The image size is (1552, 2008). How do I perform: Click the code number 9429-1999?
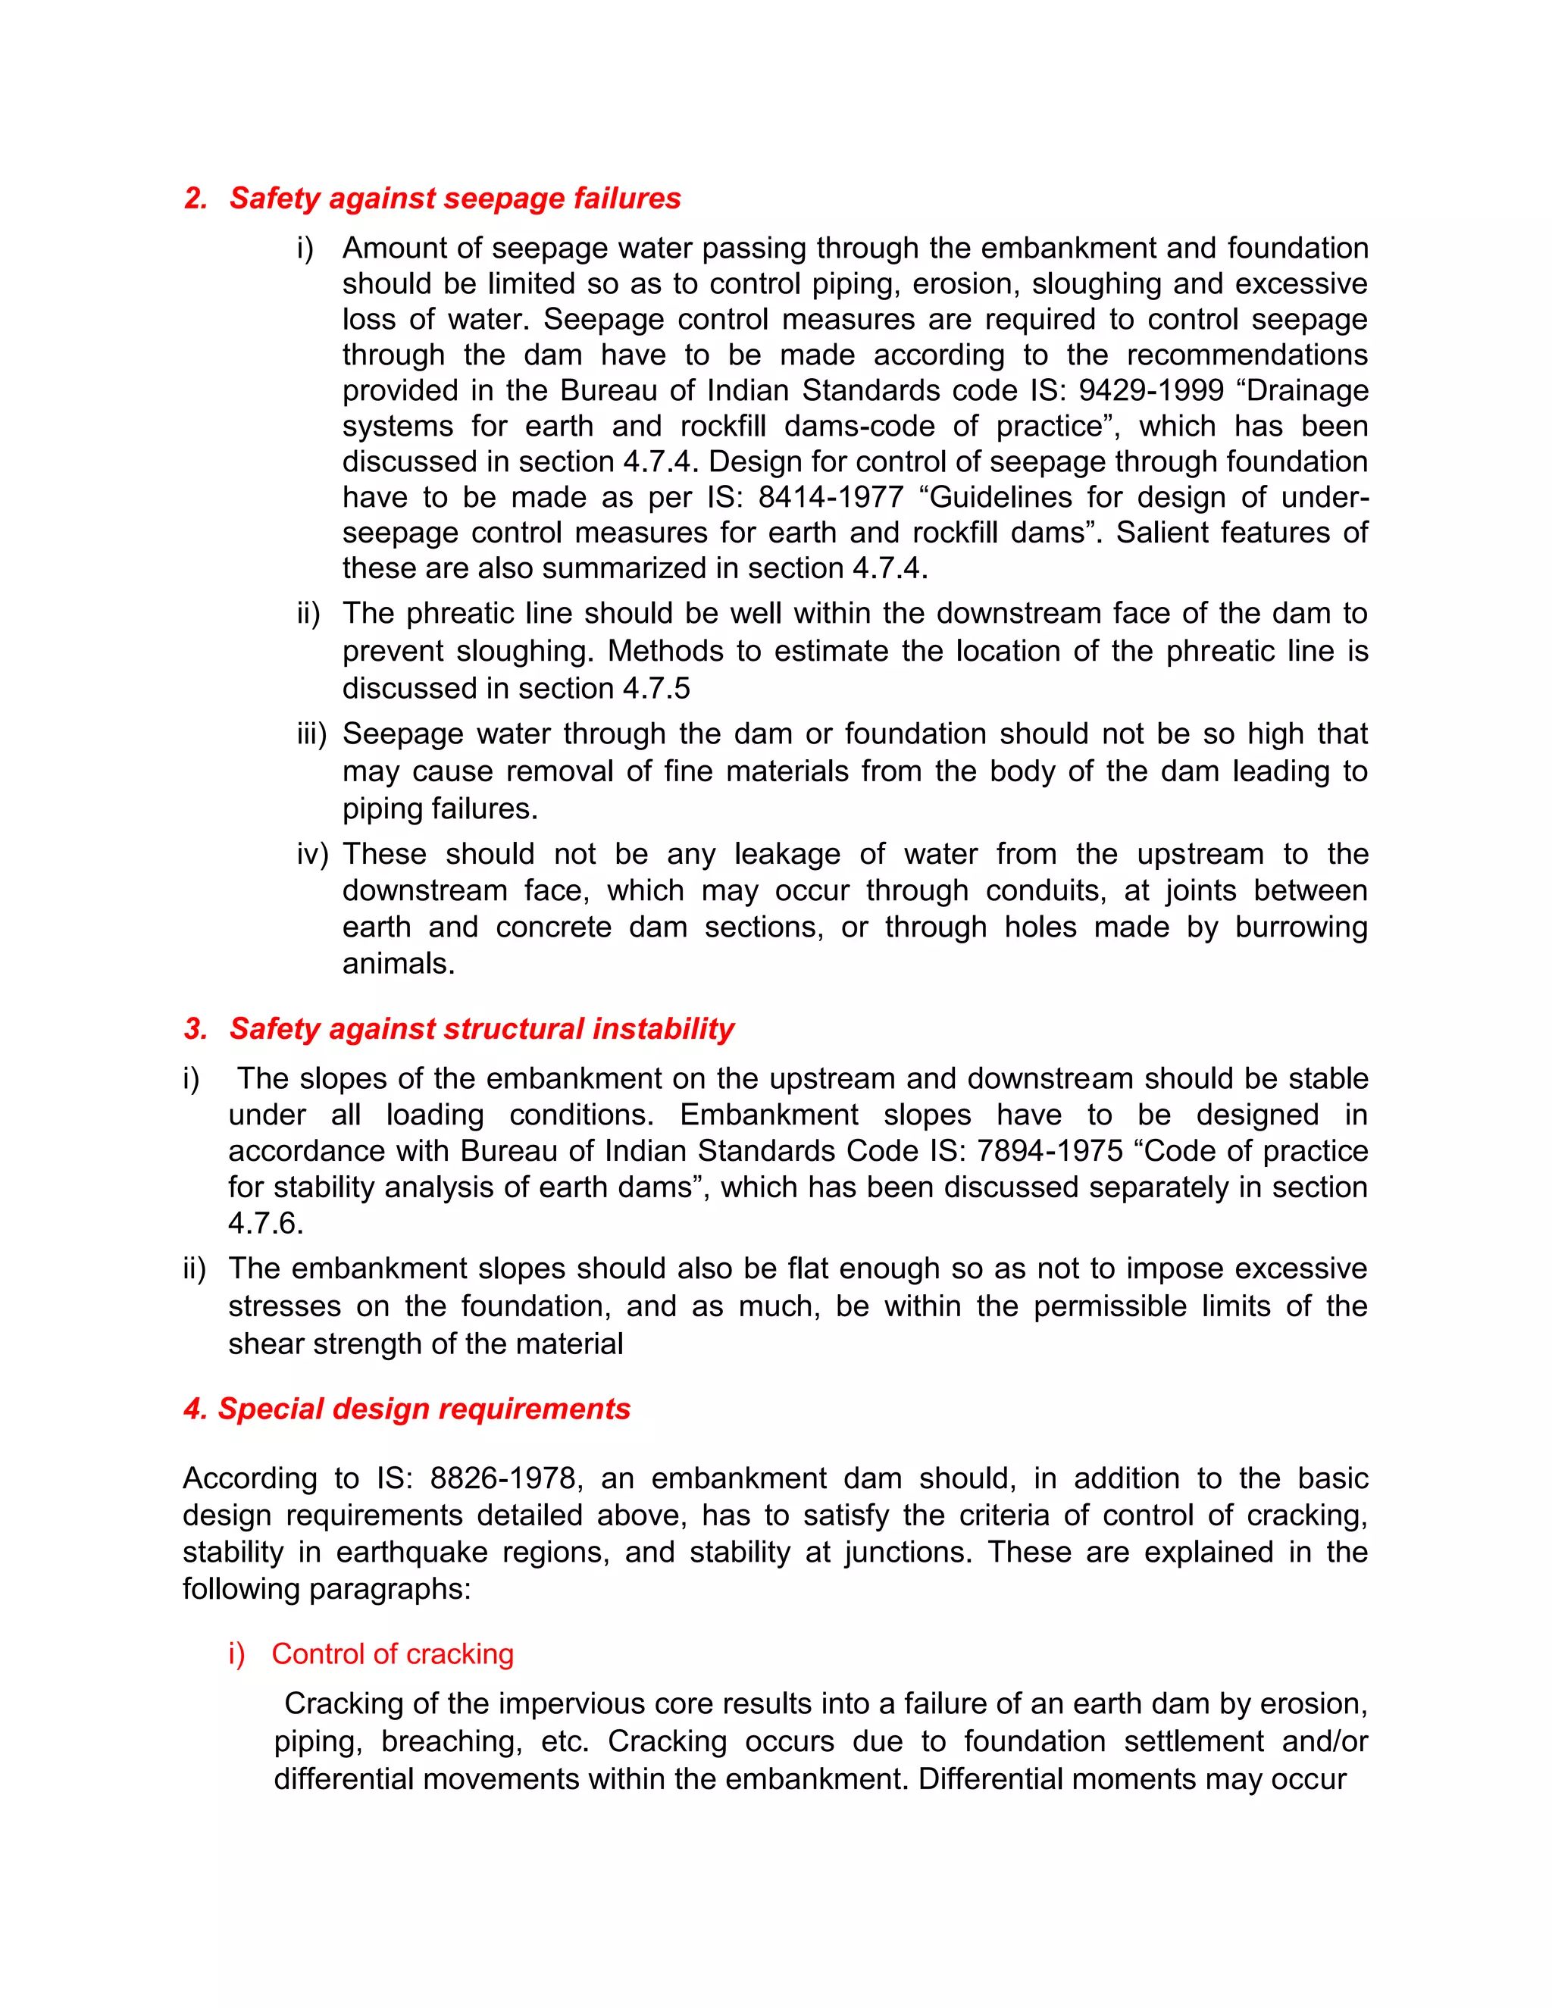tap(1151, 391)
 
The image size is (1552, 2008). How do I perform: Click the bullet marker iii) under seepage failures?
tap(311, 734)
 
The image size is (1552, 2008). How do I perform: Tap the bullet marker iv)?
tap(311, 854)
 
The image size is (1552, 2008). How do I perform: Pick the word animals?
tap(398, 964)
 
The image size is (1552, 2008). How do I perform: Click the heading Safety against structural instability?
tap(481, 1029)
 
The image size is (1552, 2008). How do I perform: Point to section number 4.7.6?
tap(264, 1224)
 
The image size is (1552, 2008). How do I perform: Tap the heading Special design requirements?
tap(423, 1409)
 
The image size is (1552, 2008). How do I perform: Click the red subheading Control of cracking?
tap(392, 1654)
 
